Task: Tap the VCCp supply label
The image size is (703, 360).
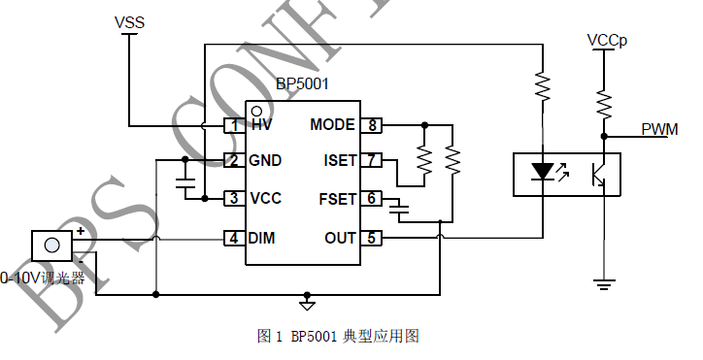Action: [x=607, y=41]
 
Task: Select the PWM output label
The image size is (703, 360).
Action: [x=659, y=129]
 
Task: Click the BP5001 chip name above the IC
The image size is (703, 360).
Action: [x=303, y=84]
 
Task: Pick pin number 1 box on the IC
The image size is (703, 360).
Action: [x=233, y=125]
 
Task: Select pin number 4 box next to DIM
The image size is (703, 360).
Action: [x=233, y=238]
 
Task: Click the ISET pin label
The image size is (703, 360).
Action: [x=340, y=160]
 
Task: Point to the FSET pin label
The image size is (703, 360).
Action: [x=338, y=199]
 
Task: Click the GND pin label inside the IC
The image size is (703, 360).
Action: [x=265, y=160]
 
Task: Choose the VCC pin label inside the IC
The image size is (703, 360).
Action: [x=265, y=199]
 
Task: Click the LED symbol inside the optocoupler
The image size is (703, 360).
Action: [x=543, y=173]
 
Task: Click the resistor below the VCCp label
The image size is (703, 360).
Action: [x=604, y=100]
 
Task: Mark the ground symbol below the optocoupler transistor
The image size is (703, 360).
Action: [x=604, y=283]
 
